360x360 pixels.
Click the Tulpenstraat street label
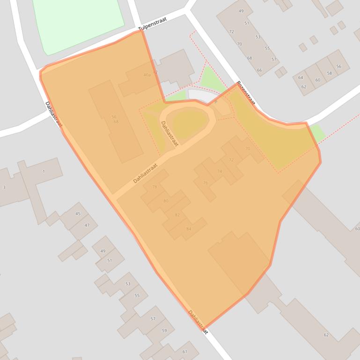pyautogui.click(x=153, y=25)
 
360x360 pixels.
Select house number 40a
pyautogui.click(x=147, y=75)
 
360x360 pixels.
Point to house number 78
pyautogui.click(x=154, y=187)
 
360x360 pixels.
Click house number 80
pyautogui.click(x=166, y=201)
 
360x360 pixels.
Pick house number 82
pyautogui.click(x=177, y=215)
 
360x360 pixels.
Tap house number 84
pyautogui.click(x=189, y=229)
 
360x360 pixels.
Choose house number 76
pyautogui.click(x=205, y=183)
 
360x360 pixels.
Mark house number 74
pyautogui.click(x=219, y=172)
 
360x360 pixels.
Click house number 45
pyautogui.click(x=78, y=214)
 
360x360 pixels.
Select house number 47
pyautogui.click(x=87, y=225)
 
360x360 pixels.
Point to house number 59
pyautogui.click(x=164, y=331)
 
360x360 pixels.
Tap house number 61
pyautogui.click(x=184, y=352)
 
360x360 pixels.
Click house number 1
pyautogui.click(x=44, y=172)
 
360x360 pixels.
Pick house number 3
pyautogui.click(x=4, y=187)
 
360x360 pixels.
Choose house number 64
pyautogui.click(x=301, y=78)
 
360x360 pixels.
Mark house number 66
pyautogui.click(x=259, y=71)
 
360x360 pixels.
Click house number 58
pyautogui.click(x=330, y=73)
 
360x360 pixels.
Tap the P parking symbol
pyautogui.click(x=216, y=101)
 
